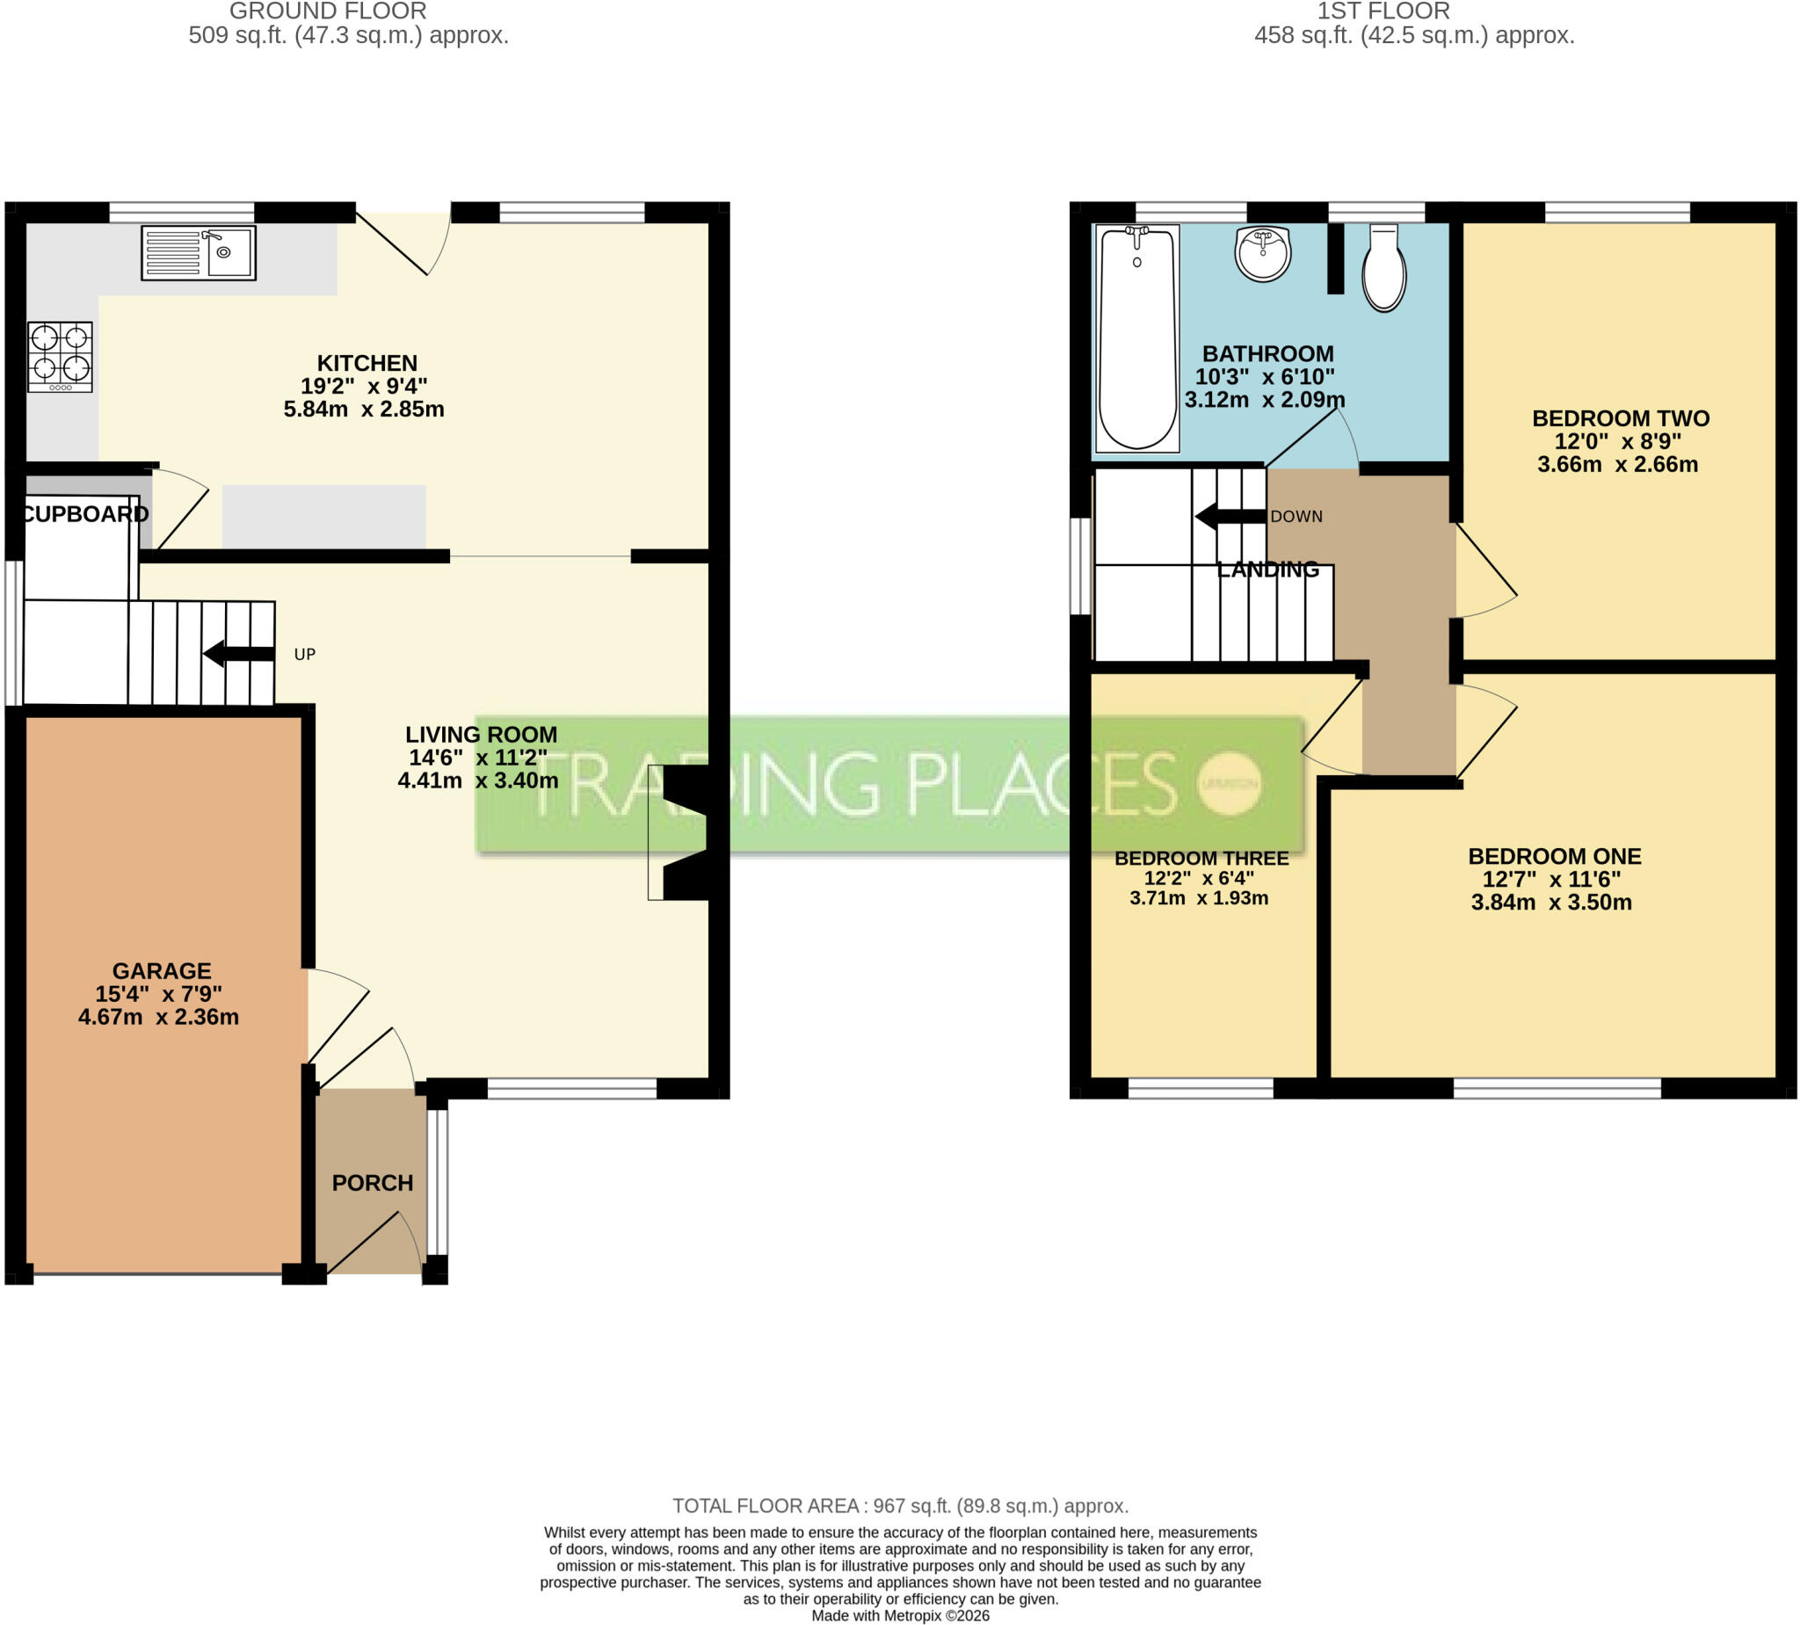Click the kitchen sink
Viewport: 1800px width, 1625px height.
pyautogui.click(x=199, y=253)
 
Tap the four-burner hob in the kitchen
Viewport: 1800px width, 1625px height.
pyautogui.click(x=60, y=357)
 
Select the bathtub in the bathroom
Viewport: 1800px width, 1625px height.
pyautogui.click(x=1136, y=338)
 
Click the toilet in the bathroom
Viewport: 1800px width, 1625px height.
pyautogui.click(x=1384, y=267)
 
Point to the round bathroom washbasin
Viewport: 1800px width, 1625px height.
pyautogui.click(x=1262, y=254)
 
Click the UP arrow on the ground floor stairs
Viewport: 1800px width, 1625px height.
pyautogui.click(x=238, y=654)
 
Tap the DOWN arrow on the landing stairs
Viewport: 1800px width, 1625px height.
pyautogui.click(x=1230, y=516)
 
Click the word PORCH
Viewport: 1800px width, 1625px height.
pyautogui.click(x=373, y=1183)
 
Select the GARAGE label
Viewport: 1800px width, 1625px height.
pyautogui.click(x=162, y=970)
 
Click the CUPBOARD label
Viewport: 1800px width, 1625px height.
pyautogui.click(x=85, y=513)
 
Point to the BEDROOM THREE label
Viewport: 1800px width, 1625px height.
pyautogui.click(x=1201, y=858)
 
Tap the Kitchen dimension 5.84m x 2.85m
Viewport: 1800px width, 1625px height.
pyautogui.click(x=363, y=409)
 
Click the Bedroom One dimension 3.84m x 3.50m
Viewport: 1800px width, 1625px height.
pyautogui.click(x=1552, y=902)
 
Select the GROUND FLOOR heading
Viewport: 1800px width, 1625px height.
pyautogui.click(x=328, y=11)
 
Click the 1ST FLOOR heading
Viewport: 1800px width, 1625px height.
pyautogui.click(x=1383, y=11)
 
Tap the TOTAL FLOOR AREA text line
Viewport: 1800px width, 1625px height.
pyautogui.click(x=900, y=1506)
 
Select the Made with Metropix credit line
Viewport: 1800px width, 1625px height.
pyautogui.click(x=900, y=1615)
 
